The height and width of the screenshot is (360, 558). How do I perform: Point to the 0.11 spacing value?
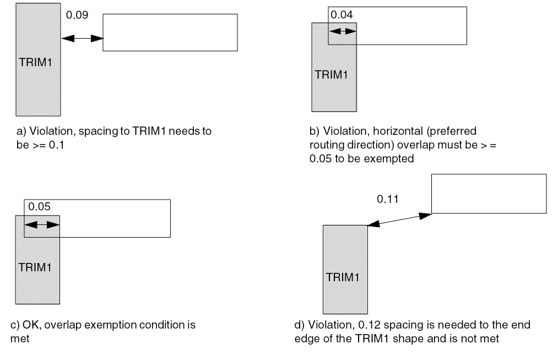point(387,198)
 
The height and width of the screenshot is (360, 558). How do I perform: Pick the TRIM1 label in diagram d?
point(344,277)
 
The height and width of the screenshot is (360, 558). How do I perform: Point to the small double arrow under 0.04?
point(343,31)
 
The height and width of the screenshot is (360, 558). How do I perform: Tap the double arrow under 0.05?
point(41,224)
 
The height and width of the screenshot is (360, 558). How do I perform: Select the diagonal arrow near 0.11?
point(399,219)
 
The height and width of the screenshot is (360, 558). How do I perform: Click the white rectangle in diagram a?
point(170,33)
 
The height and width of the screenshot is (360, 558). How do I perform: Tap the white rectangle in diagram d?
point(489,194)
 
